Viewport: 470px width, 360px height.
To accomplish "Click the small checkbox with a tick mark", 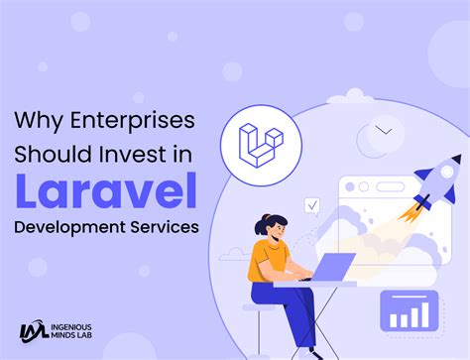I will pyautogui.click(x=311, y=205).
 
